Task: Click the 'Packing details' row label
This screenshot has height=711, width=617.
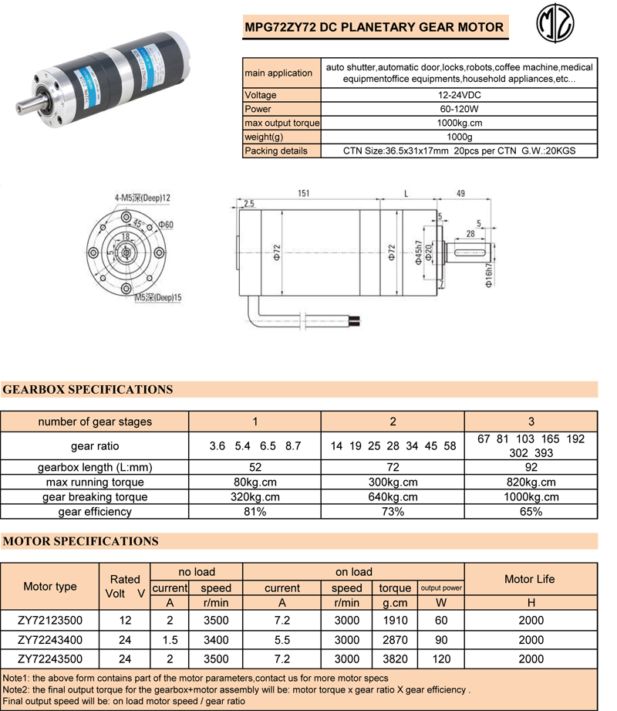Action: click(x=275, y=151)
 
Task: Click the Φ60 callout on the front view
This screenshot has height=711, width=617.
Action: click(x=167, y=225)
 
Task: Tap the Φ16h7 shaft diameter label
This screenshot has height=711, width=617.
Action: click(x=488, y=273)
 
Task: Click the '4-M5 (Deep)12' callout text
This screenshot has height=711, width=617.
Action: click(x=142, y=198)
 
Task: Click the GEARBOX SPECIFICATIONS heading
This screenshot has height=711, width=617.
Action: click(x=88, y=389)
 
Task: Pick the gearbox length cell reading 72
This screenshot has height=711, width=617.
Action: click(x=393, y=468)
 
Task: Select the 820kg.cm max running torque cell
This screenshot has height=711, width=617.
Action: click(x=531, y=482)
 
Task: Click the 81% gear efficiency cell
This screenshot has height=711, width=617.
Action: click(x=255, y=511)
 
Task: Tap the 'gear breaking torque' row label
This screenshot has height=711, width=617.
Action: click(x=95, y=497)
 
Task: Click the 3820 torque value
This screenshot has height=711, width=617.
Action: click(x=395, y=659)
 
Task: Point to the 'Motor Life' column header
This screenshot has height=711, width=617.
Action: click(x=529, y=579)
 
